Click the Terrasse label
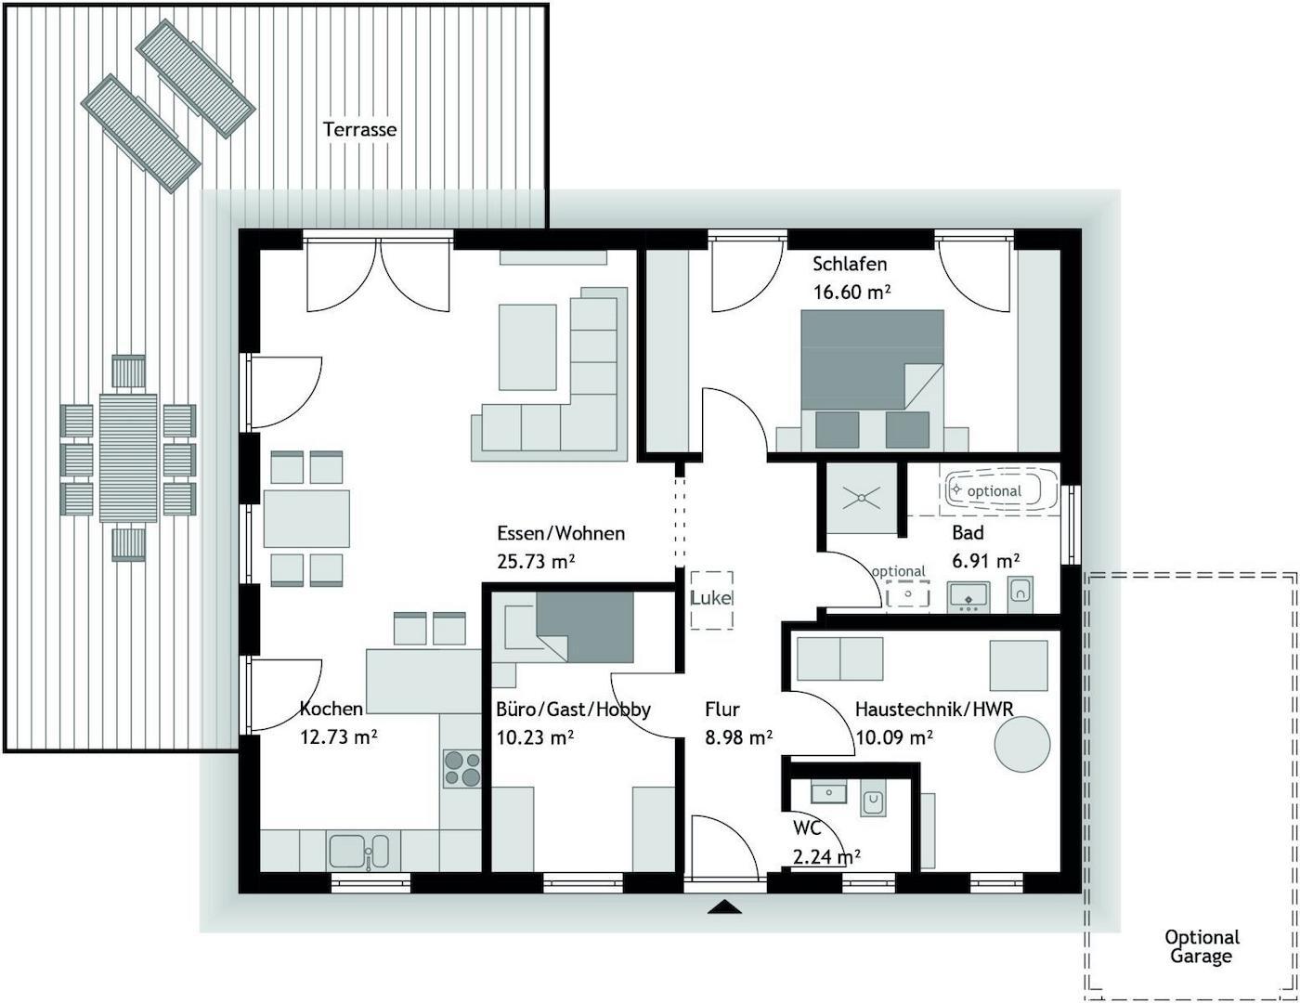point(359,129)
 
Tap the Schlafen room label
point(850,264)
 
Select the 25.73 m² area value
point(536,562)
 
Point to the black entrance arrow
point(724,906)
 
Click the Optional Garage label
point(1202,946)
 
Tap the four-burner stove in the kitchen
point(461,768)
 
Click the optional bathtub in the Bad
point(1001,489)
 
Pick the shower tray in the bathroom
point(861,499)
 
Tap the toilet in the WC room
point(873,801)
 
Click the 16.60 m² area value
point(851,293)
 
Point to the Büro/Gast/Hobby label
point(573,710)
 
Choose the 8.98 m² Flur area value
point(738,738)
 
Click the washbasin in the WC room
point(828,791)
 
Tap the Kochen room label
point(331,710)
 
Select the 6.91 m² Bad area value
point(985,562)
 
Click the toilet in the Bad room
point(1019,592)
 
